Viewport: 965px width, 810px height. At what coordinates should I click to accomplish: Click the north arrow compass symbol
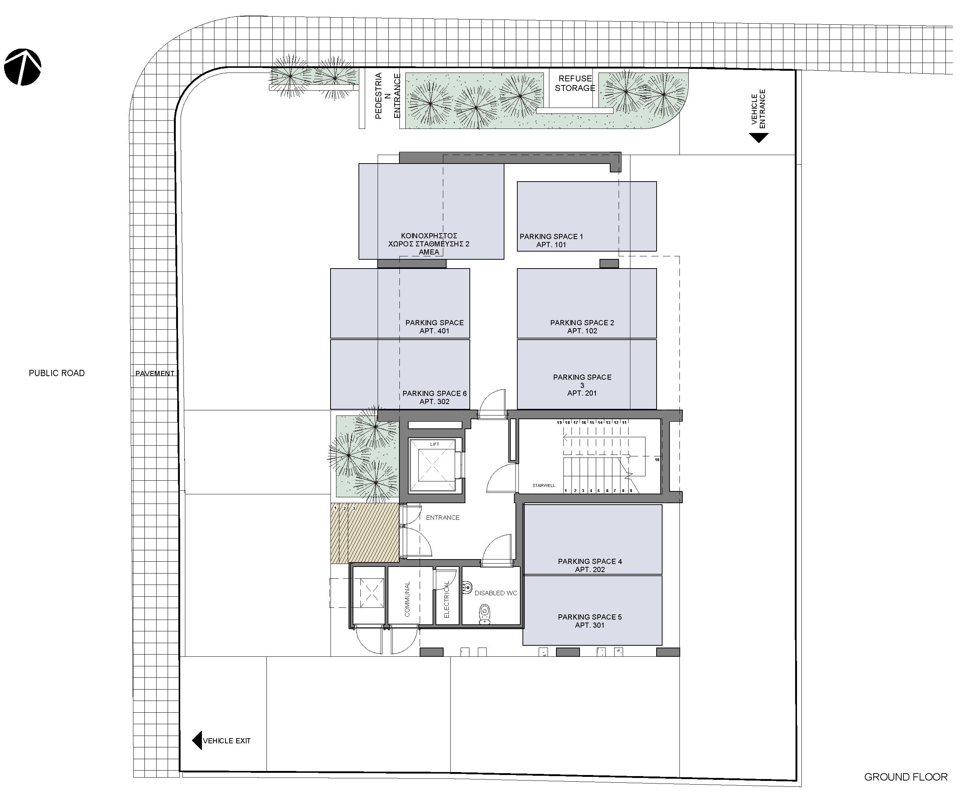[x=22, y=67]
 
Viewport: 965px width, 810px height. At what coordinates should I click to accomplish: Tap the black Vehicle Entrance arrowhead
[x=759, y=138]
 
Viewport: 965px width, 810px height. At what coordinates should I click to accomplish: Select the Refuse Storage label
[x=575, y=83]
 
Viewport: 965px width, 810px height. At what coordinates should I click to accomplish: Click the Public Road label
[x=56, y=373]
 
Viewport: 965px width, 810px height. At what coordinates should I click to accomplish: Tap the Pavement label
[x=154, y=374]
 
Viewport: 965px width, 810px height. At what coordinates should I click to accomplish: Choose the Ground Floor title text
[x=905, y=777]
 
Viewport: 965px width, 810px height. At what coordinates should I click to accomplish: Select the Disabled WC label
[x=496, y=593]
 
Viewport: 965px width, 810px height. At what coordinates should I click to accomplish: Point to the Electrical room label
[x=447, y=600]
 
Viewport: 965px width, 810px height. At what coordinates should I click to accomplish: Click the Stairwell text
[x=543, y=485]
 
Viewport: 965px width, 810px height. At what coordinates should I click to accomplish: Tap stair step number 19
[x=559, y=422]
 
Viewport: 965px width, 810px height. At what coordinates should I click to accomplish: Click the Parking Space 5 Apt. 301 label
[x=590, y=621]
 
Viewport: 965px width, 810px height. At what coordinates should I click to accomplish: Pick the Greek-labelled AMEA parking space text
[x=429, y=244]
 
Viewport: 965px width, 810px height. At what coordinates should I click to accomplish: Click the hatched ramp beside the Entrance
[x=364, y=533]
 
